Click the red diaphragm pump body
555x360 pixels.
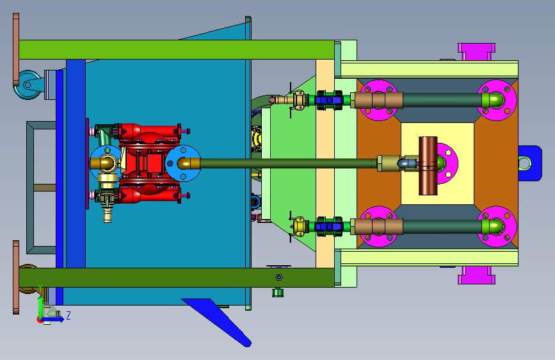tap(150, 163)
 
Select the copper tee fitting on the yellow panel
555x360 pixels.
tap(428, 165)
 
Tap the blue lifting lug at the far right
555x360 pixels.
tap(530, 163)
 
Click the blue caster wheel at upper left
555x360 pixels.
tap(28, 85)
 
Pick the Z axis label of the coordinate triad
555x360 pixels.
tap(68, 315)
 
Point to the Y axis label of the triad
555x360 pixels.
tap(40, 288)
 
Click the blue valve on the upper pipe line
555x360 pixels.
tap(329, 100)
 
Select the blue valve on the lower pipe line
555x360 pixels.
tap(329, 226)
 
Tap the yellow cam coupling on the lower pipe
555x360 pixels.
tap(300, 226)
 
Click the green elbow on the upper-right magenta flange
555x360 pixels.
tap(493, 99)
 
